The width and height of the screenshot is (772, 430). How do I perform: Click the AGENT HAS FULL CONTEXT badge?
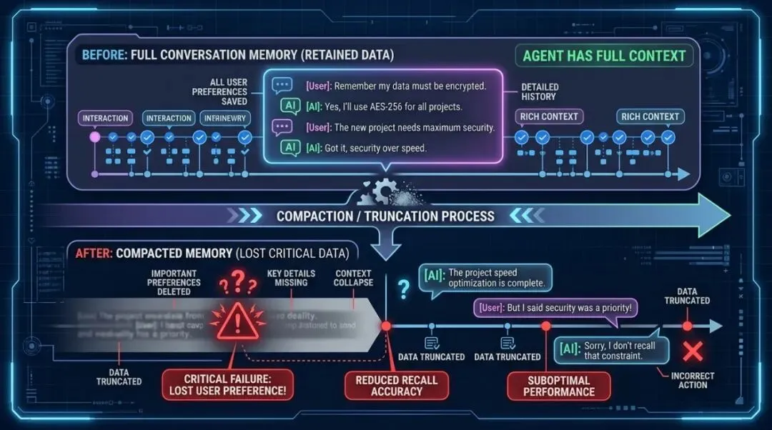click(604, 56)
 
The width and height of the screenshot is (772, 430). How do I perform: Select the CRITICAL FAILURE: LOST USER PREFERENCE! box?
click(235, 385)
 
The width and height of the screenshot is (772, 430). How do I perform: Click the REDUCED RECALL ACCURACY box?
click(397, 385)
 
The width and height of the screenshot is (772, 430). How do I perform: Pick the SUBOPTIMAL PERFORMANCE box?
click(559, 385)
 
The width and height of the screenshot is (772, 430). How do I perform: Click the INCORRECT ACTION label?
click(692, 380)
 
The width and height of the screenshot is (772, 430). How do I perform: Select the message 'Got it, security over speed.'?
click(375, 147)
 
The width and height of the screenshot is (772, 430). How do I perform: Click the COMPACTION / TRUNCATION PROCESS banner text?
click(385, 216)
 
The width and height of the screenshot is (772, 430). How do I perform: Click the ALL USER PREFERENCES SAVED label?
click(219, 91)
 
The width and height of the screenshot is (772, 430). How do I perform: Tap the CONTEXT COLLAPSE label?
click(353, 278)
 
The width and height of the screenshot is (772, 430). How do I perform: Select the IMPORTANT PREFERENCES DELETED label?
click(174, 282)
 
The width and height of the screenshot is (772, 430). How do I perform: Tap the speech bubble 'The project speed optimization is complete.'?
click(486, 278)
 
